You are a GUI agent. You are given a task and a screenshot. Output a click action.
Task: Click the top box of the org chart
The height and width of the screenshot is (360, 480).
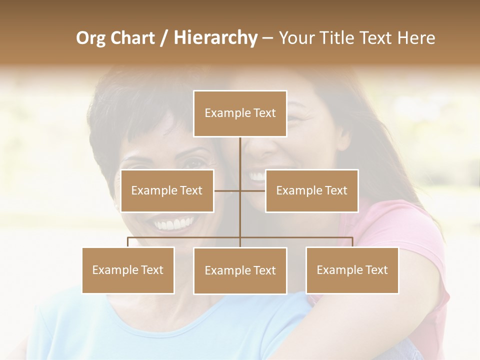pos(240,113)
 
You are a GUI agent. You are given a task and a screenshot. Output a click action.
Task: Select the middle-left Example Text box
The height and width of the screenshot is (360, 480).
pos(167,190)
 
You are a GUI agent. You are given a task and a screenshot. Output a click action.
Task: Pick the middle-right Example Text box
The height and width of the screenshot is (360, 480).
pos(311,190)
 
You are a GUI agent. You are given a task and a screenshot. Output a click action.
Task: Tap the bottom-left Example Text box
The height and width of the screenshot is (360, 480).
pos(128,270)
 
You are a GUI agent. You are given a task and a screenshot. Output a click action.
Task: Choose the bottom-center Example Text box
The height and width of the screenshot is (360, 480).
pos(240,270)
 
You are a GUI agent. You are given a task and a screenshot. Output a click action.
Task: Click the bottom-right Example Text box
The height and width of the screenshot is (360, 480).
pos(352,270)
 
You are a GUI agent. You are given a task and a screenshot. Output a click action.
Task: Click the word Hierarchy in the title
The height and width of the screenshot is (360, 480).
pos(215,38)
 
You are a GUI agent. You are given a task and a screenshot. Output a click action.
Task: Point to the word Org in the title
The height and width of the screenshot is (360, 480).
pos(90,38)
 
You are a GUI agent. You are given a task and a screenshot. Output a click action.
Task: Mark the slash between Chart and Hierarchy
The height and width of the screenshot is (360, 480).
pos(164,38)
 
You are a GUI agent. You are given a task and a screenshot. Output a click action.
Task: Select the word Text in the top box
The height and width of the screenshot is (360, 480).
pos(263,113)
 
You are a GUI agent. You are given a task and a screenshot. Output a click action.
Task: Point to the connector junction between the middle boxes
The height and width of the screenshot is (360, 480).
pos(240,190)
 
